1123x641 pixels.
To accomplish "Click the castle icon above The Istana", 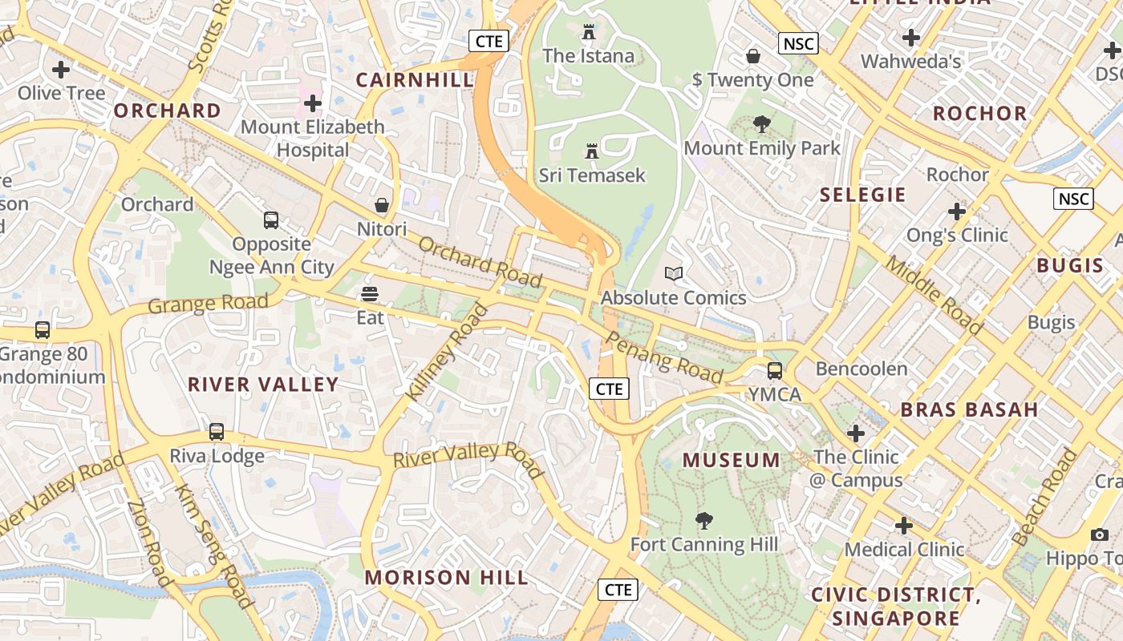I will [x=589, y=33].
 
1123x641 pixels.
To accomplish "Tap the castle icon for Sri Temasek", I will [x=592, y=151].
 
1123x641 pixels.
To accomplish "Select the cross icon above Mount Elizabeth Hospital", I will [x=313, y=103].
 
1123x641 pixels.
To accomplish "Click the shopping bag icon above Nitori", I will [x=382, y=206].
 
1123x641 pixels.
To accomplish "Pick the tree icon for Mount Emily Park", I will [x=761, y=124].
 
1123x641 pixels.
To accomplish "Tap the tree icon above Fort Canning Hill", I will [x=704, y=521].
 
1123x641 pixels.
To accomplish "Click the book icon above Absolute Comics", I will [x=674, y=274].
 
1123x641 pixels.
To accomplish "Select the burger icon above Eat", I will [x=370, y=294].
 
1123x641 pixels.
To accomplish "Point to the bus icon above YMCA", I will [x=774, y=371].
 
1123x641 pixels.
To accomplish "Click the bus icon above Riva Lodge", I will [x=217, y=432].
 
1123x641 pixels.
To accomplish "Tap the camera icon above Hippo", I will [x=1100, y=534].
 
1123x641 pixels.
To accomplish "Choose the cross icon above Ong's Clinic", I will [x=956, y=212].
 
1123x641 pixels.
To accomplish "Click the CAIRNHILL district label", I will [x=415, y=80].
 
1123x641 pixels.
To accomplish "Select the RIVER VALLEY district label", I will [x=263, y=385].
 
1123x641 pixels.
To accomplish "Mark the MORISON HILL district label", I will [x=446, y=578].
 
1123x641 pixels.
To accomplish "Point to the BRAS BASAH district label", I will [x=969, y=410].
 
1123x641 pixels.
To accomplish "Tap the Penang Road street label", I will [x=663, y=357].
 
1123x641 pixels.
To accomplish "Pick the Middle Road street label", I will [x=934, y=295].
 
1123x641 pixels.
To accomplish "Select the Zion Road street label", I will [x=150, y=542].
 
